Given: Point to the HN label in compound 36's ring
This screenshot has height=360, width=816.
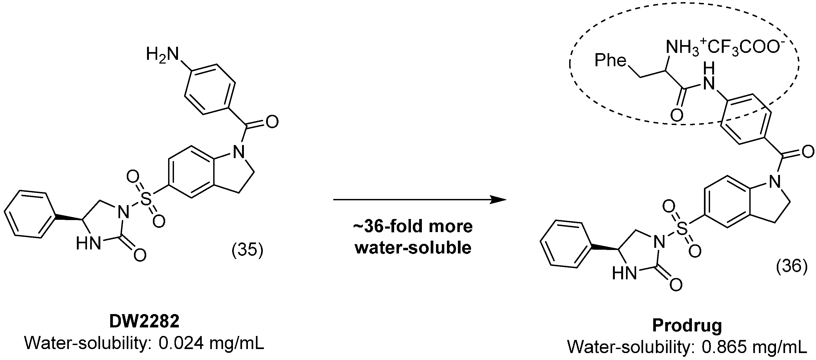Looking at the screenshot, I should click(624, 273).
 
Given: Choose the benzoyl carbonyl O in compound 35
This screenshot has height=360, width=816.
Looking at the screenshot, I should click(272, 122).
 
